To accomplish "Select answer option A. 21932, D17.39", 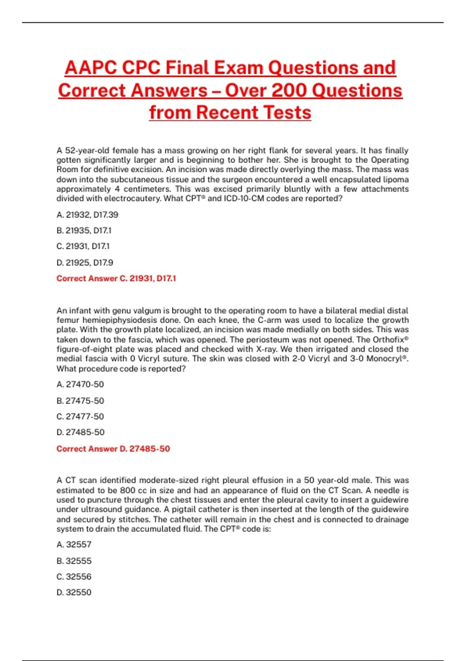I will (x=87, y=215).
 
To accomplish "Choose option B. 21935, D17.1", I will (x=84, y=231).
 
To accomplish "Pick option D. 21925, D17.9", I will (x=85, y=262).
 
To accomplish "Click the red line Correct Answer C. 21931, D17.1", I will (x=116, y=278).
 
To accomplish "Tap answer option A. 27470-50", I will (x=80, y=384).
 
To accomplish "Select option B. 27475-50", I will (x=80, y=400).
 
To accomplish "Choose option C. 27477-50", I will (x=80, y=416).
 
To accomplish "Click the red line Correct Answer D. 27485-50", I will (x=113, y=449).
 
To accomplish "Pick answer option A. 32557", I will (x=74, y=544).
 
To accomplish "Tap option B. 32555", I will (x=74, y=561).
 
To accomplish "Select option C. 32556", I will (x=74, y=577).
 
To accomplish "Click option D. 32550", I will (x=74, y=593).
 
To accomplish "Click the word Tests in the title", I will (x=287, y=113).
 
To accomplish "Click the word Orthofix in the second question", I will (x=388, y=339).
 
